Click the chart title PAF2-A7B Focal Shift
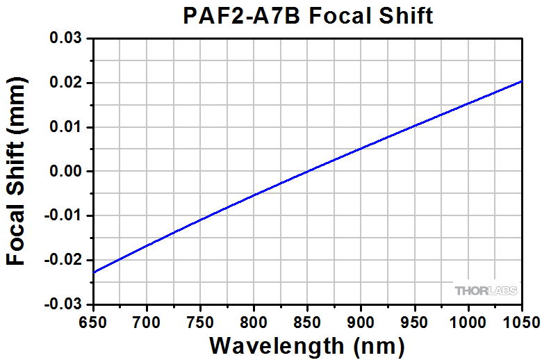tap(307, 16)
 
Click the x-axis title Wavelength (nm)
tap(307, 345)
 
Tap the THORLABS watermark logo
tap(486, 291)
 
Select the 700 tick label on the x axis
tap(147, 321)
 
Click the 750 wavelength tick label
tap(200, 321)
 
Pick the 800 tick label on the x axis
tap(254, 321)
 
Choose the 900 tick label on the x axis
tap(361, 321)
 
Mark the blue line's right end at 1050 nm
tap(521, 81)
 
